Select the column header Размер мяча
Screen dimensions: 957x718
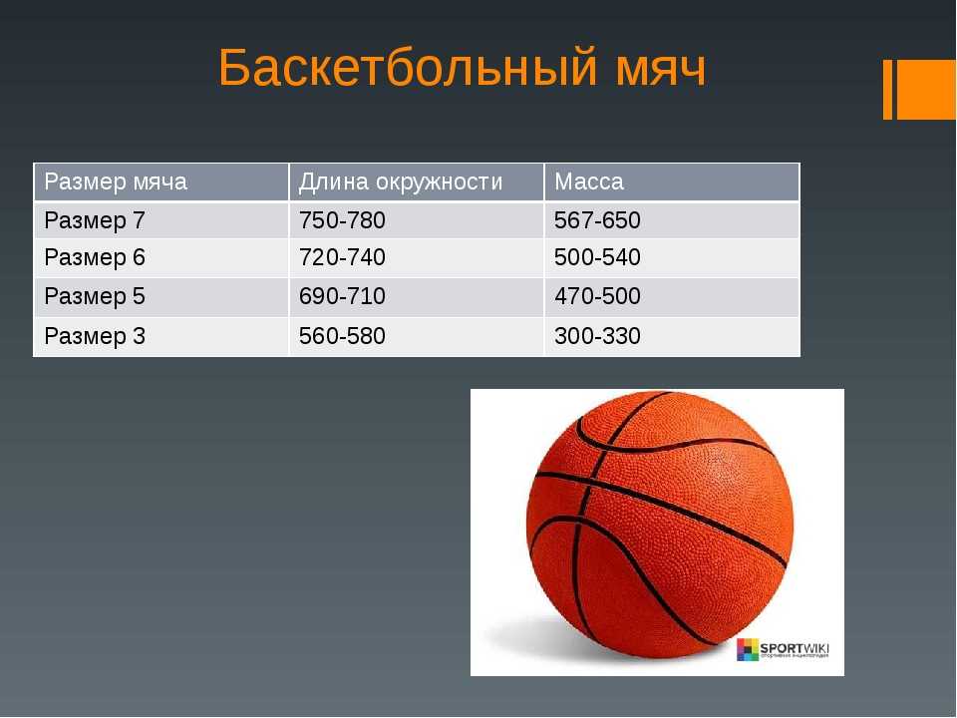tap(116, 181)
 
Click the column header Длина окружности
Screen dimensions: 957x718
tap(401, 181)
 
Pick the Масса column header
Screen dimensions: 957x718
tap(589, 181)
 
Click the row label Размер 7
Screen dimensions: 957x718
tap(95, 220)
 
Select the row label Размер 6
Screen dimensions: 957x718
tap(95, 257)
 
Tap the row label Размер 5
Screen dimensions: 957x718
tap(95, 297)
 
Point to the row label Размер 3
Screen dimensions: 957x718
tap(95, 336)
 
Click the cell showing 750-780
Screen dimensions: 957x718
tap(342, 220)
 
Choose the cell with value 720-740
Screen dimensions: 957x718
tap(342, 257)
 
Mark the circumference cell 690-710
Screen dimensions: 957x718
tap(342, 297)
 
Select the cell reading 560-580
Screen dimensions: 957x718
tap(342, 336)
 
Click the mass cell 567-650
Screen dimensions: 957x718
tap(597, 220)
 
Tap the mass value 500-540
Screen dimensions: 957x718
tap(597, 257)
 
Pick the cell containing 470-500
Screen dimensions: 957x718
tap(597, 297)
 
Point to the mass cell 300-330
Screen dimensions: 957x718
tap(597, 336)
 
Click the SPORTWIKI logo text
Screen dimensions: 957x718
tap(795, 648)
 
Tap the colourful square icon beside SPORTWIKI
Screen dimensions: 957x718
tap(748, 649)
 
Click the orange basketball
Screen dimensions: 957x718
tap(660, 526)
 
